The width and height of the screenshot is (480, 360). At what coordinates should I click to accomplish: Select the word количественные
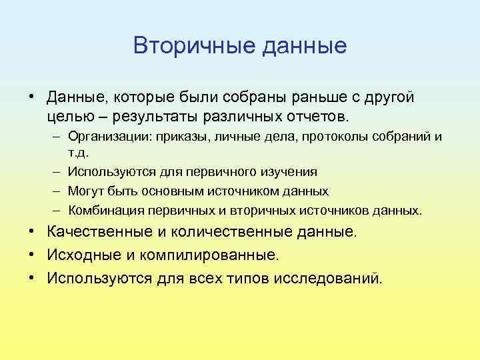231,232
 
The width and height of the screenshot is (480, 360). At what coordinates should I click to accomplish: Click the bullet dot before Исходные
33,255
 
